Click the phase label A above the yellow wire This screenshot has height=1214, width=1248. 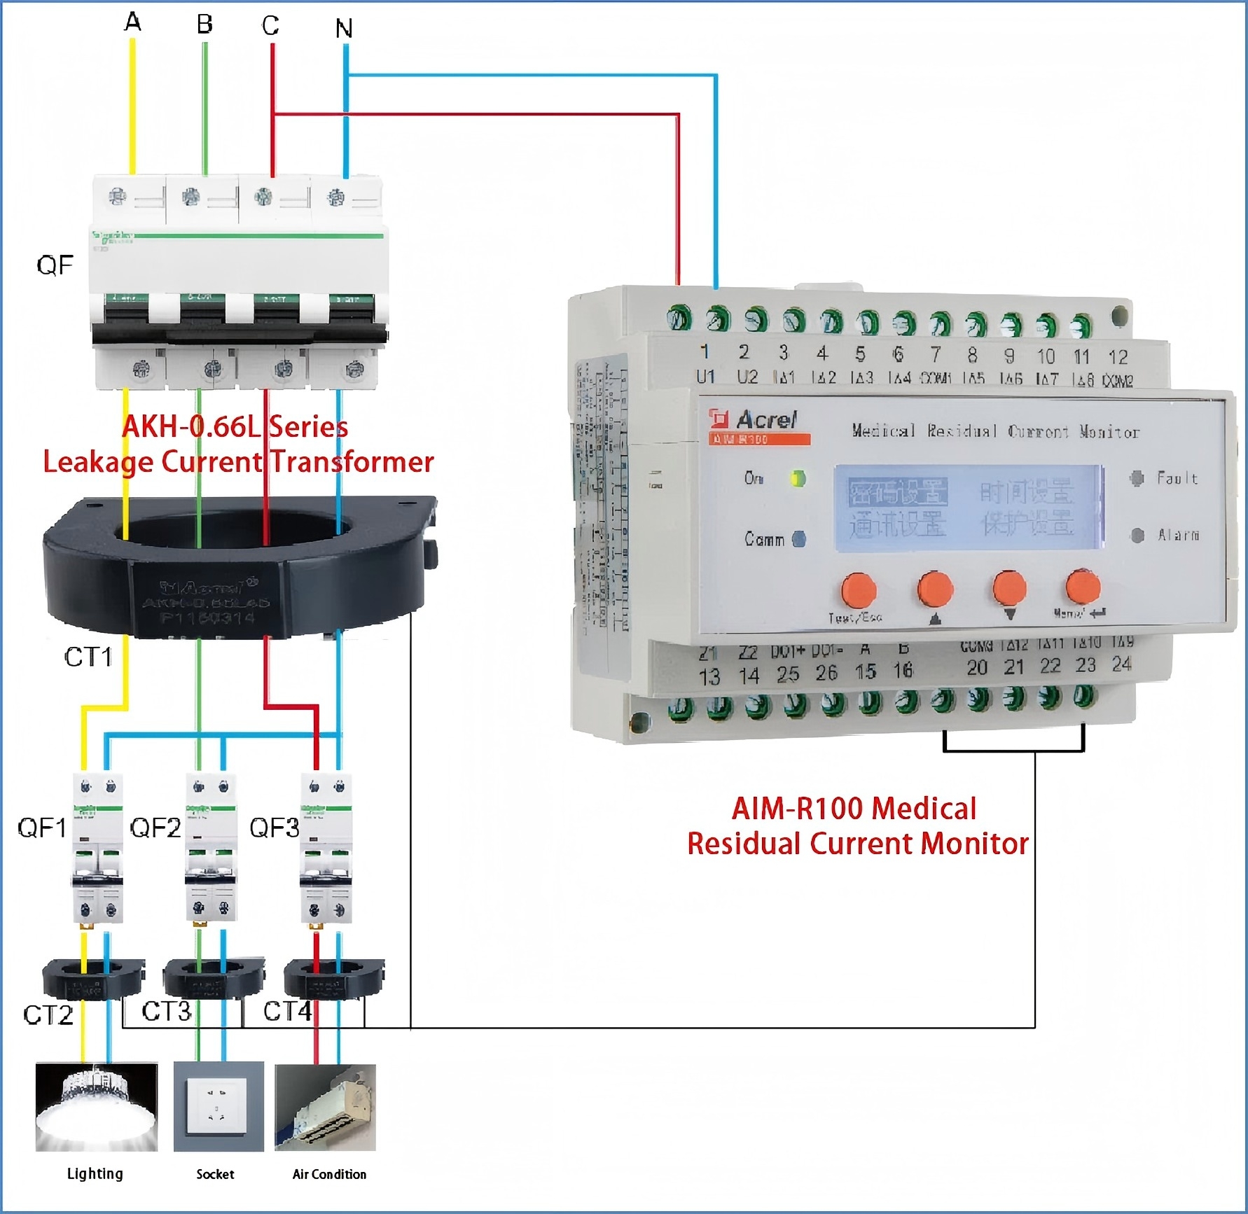(132, 22)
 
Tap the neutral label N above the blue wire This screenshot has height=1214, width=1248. (343, 29)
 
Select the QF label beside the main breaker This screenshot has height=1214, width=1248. (55, 265)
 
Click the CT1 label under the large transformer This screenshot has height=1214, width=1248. (88, 657)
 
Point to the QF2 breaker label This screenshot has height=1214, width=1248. (155, 828)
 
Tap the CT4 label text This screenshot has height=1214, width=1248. (287, 1011)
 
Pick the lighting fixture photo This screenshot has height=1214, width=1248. (96, 1107)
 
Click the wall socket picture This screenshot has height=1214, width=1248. (219, 1107)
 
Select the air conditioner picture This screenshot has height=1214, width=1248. (325, 1107)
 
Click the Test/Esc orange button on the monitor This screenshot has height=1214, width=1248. (859, 589)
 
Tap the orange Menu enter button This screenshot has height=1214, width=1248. (1083, 587)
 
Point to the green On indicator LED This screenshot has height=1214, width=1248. (798, 479)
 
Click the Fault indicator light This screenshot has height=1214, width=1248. (1137, 478)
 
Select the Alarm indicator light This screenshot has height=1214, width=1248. (1137, 536)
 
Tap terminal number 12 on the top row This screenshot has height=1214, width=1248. (1118, 357)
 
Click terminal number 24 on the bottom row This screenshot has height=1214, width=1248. (1121, 664)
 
